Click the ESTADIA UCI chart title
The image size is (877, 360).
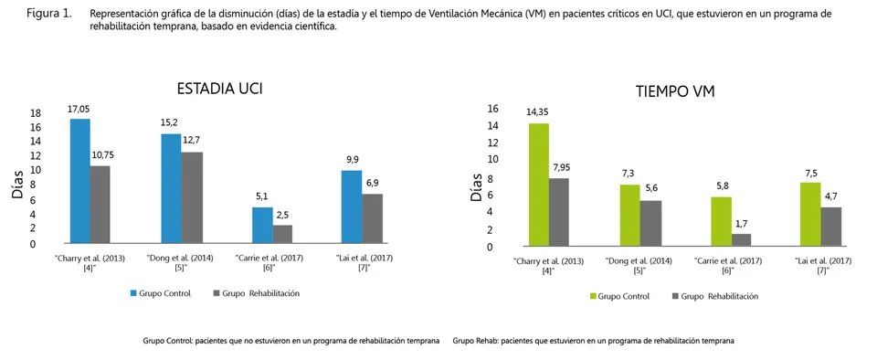click(220, 90)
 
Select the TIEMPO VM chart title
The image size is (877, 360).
click(675, 93)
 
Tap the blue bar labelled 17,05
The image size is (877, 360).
click(80, 181)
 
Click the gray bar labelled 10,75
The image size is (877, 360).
click(100, 204)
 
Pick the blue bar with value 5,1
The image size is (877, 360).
click(262, 225)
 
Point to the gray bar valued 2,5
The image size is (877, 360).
click(282, 234)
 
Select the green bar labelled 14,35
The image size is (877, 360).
click(539, 184)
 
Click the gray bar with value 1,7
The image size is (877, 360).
click(742, 239)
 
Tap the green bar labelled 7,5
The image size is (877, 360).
click(811, 214)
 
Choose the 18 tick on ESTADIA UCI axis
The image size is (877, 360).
click(36, 113)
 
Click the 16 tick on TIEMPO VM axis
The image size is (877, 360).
click(491, 109)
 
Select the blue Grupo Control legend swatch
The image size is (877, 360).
click(133, 293)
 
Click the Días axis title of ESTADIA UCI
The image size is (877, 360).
click(18, 185)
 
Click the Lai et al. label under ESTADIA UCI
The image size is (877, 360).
click(366, 263)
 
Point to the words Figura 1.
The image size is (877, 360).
click(49, 14)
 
